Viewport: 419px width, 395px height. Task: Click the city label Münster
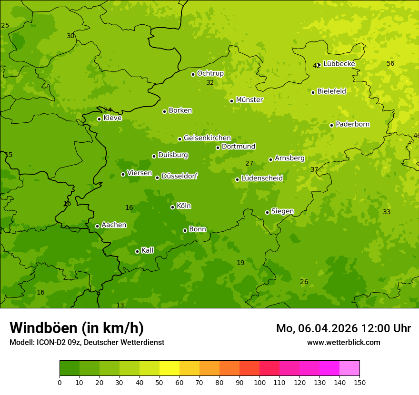click(249, 100)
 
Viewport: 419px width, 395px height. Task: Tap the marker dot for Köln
click(172, 207)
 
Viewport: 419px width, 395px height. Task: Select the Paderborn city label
click(352, 124)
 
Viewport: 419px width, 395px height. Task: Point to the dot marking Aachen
click(97, 226)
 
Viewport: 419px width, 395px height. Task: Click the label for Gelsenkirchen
click(207, 138)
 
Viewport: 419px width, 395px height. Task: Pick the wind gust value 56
click(390, 63)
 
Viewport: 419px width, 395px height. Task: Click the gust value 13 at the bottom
click(120, 305)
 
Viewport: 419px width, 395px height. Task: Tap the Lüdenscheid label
click(262, 178)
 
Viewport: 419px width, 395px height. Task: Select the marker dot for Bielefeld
click(313, 92)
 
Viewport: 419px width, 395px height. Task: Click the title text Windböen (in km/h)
click(77, 328)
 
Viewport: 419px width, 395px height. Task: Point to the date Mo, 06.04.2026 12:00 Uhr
click(343, 328)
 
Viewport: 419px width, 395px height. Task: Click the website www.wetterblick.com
click(343, 342)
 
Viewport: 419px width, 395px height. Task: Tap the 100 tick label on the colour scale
click(259, 382)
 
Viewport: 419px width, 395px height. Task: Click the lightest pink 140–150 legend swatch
click(349, 368)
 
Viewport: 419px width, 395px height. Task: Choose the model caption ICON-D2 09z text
click(87, 342)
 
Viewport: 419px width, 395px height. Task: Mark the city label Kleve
click(112, 118)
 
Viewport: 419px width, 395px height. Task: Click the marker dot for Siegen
click(267, 212)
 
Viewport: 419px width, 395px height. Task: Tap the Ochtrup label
click(210, 73)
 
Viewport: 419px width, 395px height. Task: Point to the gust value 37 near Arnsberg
click(314, 169)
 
